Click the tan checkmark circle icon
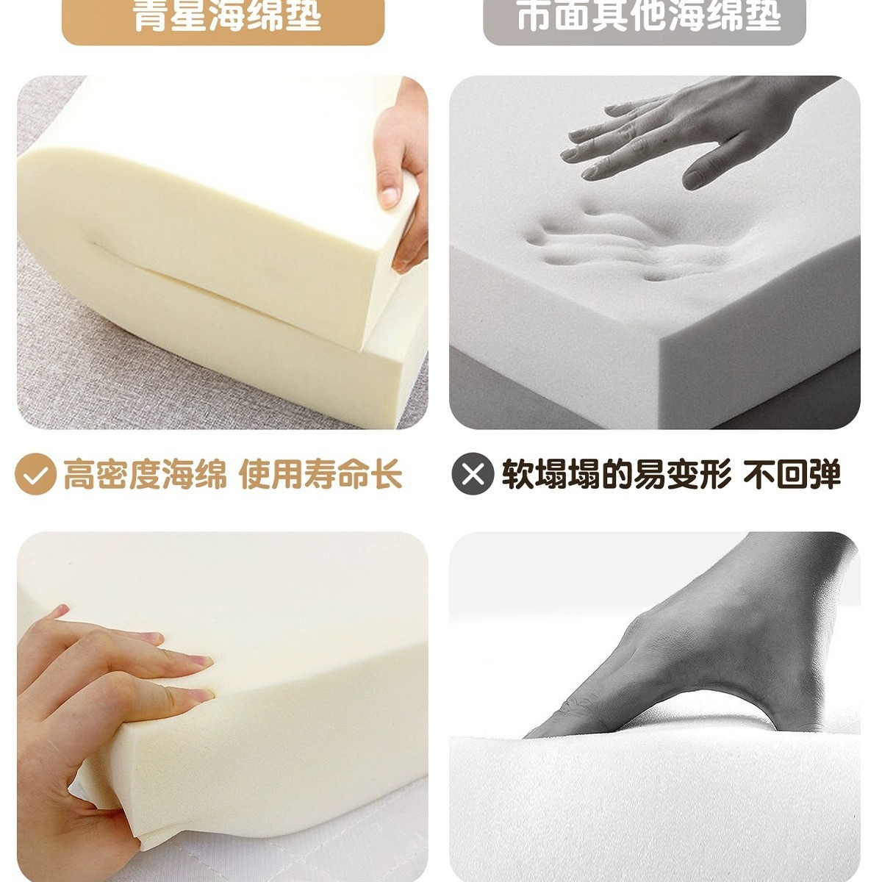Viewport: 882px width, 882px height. [35, 474]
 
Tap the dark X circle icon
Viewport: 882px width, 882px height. [473, 474]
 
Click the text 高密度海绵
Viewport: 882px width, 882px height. [145, 474]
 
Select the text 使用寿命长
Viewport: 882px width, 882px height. [321, 474]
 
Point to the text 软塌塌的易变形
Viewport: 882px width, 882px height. [616, 474]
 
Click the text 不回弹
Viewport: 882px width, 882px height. [792, 474]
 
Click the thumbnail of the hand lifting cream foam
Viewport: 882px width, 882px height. [222, 252]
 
